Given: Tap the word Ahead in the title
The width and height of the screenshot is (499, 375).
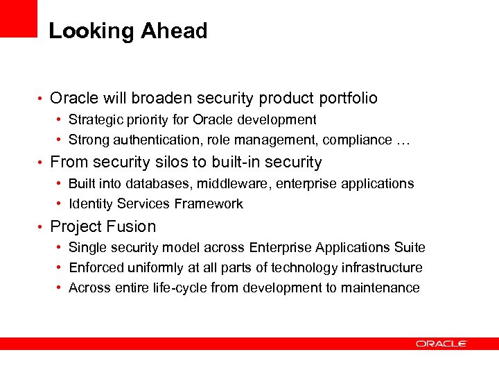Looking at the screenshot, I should point(174,31).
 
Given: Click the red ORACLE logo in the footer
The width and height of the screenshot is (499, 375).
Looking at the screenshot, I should point(441,343).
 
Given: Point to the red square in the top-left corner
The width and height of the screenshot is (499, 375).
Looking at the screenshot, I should point(18,18).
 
